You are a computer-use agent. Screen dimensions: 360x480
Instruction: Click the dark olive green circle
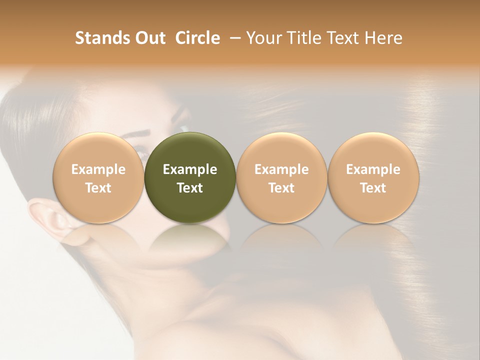coord(190,178)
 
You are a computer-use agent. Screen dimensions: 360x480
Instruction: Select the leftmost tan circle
coord(98,178)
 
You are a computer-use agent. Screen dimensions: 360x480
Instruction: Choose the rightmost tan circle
coord(373,178)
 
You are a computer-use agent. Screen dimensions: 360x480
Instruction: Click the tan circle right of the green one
coord(281,178)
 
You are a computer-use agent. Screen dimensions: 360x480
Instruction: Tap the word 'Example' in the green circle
coord(190,169)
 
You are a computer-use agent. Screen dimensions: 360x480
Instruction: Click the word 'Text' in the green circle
coord(190,188)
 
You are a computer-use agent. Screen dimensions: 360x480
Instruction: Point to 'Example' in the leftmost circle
coord(98,169)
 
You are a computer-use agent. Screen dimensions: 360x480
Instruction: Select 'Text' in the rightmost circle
coord(373,188)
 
